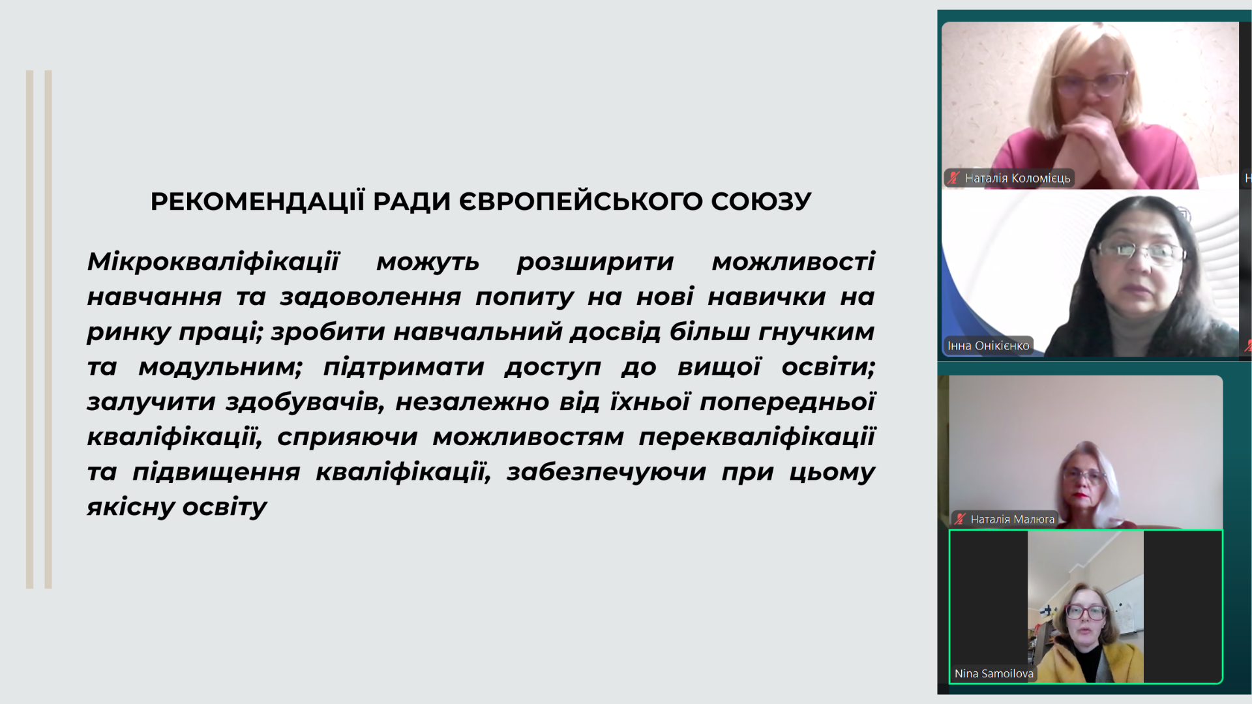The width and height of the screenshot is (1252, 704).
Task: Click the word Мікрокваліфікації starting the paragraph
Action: (213, 261)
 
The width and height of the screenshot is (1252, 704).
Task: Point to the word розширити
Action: (595, 261)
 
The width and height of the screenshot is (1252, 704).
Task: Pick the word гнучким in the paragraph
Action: (816, 332)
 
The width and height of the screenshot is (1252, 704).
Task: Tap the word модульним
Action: (220, 367)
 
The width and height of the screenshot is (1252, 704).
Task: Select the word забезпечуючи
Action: (606, 472)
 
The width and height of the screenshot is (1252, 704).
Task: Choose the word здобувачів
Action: (305, 402)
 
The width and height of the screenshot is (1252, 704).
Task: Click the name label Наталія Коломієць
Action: (1017, 178)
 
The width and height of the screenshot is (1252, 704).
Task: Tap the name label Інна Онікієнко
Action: (988, 345)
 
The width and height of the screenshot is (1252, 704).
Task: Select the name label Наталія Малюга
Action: (1012, 519)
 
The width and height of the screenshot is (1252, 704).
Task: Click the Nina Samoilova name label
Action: (994, 673)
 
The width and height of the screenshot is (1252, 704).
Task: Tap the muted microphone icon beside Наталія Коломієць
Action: (954, 177)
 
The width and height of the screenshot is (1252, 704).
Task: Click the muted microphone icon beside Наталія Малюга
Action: (960, 519)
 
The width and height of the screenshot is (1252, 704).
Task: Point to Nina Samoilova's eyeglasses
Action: (1086, 611)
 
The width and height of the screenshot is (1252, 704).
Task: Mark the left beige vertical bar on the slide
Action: (29, 329)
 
